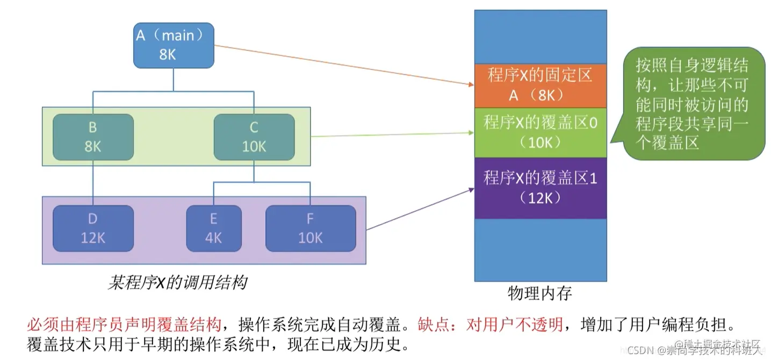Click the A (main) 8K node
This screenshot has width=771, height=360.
[174, 45]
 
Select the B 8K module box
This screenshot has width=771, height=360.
[93, 136]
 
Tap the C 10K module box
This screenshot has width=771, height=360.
[254, 136]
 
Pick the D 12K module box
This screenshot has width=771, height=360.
[93, 228]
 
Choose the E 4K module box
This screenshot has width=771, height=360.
[213, 228]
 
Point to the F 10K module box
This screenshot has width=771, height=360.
[311, 228]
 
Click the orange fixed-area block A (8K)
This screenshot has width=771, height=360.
[540, 85]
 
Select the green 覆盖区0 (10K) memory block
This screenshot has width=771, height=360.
[540, 132]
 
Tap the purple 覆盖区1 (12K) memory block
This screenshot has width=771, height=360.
[540, 188]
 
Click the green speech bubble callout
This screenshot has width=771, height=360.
[693, 103]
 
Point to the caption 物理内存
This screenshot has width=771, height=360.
[540, 293]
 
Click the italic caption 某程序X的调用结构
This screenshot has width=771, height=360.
[177, 282]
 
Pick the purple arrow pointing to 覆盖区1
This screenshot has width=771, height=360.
[419, 209]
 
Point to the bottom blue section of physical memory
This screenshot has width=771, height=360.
[540, 250]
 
